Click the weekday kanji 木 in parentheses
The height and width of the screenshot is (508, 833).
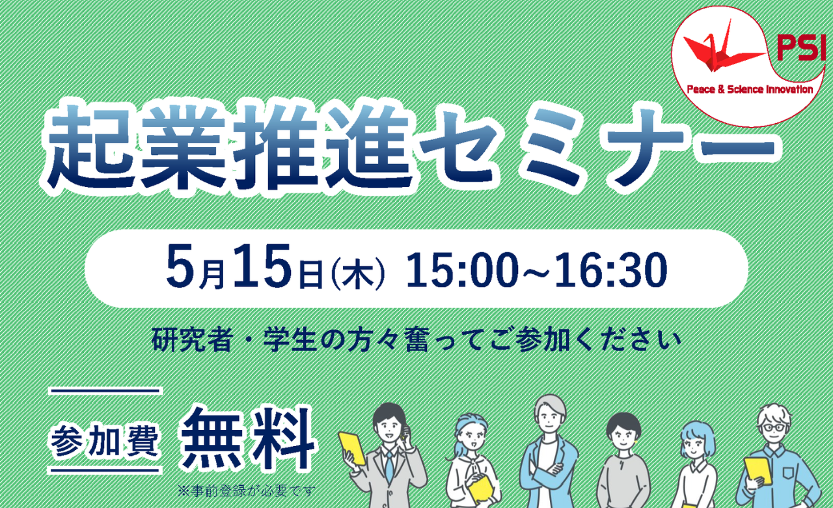[357, 275]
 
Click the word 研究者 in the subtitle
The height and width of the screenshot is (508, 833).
[192, 340]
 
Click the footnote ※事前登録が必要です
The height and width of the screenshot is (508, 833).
[246, 491]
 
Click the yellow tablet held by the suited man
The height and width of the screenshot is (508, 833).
[351, 448]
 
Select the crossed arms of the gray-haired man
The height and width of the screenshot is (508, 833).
[550, 473]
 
